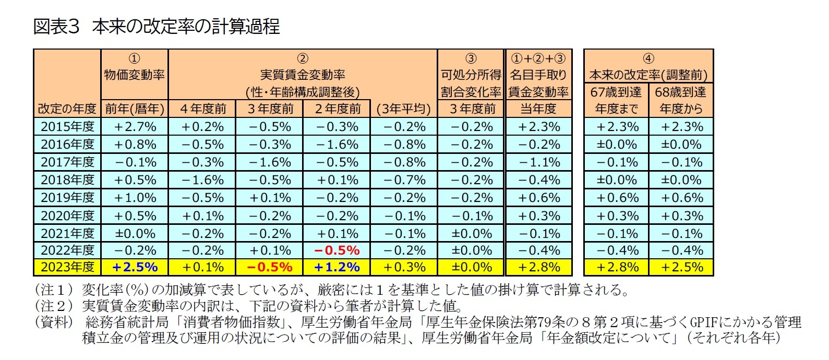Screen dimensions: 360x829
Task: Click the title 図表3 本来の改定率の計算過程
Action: point(157,26)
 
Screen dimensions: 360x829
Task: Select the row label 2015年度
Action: point(67,127)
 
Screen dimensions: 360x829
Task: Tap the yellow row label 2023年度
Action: point(67,267)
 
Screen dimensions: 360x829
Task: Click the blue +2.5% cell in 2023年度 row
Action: point(135,267)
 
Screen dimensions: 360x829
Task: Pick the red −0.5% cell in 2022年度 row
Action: point(337,250)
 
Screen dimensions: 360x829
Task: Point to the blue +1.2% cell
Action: point(337,267)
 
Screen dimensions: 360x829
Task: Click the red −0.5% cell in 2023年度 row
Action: point(269,267)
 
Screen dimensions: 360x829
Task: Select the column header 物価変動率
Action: point(135,75)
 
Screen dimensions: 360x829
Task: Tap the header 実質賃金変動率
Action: point(303,75)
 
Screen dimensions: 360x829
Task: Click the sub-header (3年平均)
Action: point(404,109)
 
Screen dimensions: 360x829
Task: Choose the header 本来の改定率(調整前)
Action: point(648,75)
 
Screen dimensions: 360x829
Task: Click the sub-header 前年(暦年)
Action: point(135,109)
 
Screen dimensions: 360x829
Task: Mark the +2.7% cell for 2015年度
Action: point(135,127)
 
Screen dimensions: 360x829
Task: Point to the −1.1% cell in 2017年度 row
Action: point(538,162)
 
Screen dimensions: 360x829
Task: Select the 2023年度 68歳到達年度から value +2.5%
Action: point(681,267)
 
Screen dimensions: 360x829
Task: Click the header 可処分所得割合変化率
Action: point(471,83)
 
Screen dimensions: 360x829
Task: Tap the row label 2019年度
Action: point(67,198)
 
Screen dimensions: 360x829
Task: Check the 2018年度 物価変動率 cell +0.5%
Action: point(135,180)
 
